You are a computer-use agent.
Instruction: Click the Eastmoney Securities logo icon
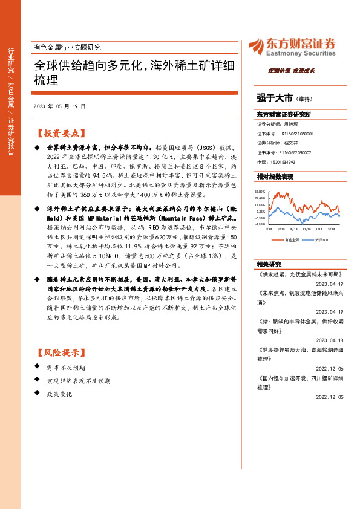(256, 45)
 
